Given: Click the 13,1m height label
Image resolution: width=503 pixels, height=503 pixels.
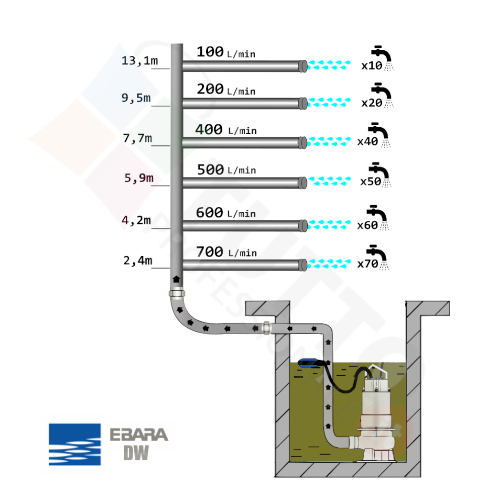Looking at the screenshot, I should [139, 61].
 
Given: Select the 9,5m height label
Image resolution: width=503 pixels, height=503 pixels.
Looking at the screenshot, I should [136, 98].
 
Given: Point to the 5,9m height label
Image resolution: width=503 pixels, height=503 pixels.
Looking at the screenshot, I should [138, 178].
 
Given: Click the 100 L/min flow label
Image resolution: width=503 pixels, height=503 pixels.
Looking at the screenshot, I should [225, 52].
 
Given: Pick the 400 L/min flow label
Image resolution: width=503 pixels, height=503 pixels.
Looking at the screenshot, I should [226, 130].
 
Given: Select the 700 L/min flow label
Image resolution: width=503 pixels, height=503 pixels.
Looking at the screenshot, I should [226, 251].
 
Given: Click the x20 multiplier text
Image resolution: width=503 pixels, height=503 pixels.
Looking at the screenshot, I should [371, 103].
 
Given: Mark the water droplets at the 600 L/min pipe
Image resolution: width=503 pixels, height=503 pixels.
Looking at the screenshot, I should [329, 224].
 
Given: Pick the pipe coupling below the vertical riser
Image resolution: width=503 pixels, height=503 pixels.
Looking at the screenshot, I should [176, 294].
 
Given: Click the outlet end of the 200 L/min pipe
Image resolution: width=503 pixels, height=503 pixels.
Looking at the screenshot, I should [303, 103].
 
